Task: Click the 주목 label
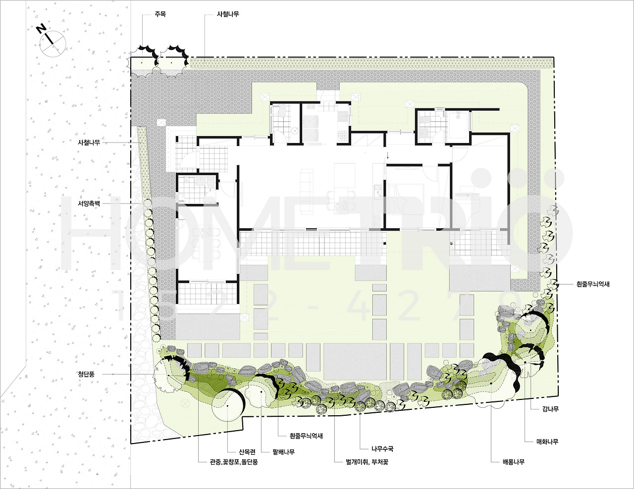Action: pyautogui.click(x=160, y=14)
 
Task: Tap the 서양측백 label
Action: pyautogui.click(x=89, y=203)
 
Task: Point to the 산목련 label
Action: pyautogui.click(x=247, y=452)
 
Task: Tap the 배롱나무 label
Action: pyautogui.click(x=514, y=462)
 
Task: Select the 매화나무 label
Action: pyautogui.click(x=547, y=441)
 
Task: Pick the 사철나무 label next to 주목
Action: pyautogui.click(x=228, y=14)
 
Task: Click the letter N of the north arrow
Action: pyautogui.click(x=42, y=29)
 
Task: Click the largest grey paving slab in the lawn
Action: pyautogui.click(x=355, y=362)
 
